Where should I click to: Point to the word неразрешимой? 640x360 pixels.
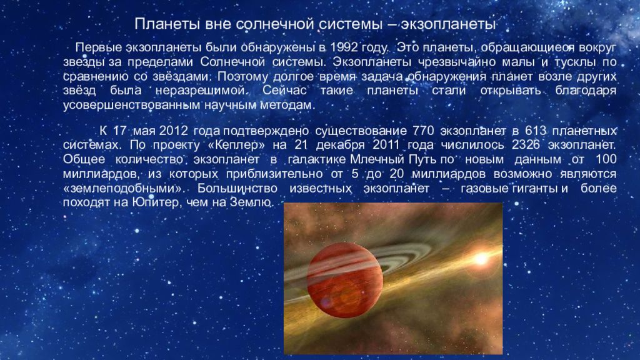(210, 91)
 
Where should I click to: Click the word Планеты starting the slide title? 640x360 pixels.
(165, 24)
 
